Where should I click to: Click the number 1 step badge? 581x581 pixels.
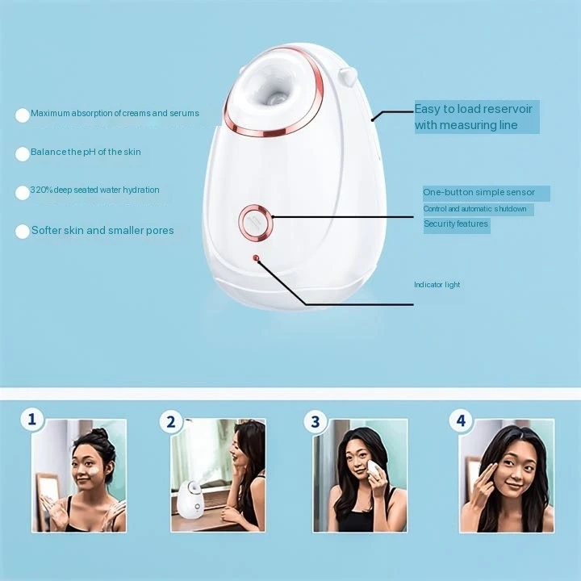32,419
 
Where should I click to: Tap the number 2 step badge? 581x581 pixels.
170,421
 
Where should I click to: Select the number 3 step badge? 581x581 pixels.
315,420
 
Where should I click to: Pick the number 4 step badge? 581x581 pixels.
461,420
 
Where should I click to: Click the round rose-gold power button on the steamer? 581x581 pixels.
256,221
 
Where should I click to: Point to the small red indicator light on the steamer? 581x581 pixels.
257,258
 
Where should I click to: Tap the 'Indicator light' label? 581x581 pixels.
437,285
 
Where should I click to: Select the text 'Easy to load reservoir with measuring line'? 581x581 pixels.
476,117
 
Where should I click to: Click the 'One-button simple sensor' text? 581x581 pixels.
479,193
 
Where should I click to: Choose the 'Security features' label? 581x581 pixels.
456,224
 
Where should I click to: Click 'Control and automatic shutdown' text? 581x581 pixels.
474,209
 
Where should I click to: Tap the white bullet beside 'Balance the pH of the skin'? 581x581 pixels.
23,153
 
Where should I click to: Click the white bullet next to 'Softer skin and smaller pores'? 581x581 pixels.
23,232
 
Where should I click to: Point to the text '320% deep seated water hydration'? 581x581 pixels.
94,190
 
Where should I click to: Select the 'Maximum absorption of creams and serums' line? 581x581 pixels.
115,114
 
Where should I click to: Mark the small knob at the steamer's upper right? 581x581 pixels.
349,77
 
